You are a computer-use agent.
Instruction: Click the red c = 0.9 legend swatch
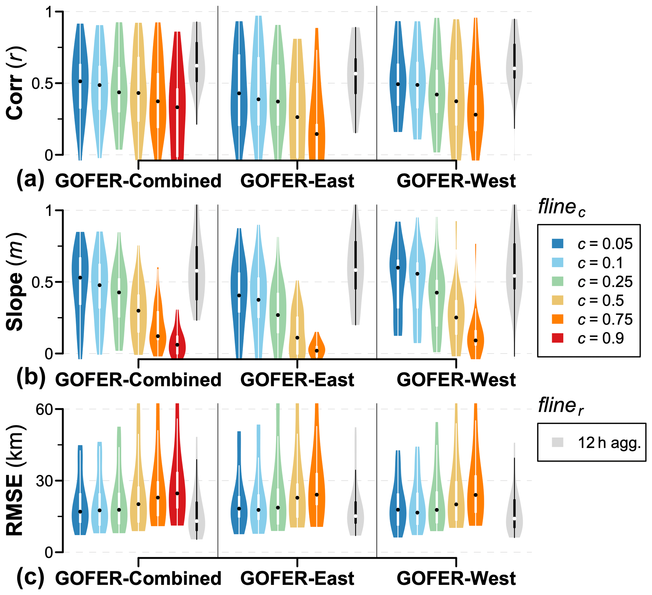click(558, 338)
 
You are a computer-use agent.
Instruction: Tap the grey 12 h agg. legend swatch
click(558, 442)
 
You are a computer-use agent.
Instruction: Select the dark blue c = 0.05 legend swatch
click(558, 243)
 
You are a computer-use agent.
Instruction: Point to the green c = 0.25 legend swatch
click(558, 281)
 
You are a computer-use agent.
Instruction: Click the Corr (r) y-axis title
click(15, 84)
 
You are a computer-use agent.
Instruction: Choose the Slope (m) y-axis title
click(15, 282)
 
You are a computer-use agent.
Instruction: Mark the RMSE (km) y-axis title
click(15, 480)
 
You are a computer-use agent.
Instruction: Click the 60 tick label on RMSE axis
click(44, 409)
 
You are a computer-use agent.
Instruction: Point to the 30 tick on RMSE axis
click(44, 481)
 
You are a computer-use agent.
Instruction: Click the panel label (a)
click(30, 180)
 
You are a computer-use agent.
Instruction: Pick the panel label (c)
click(30, 577)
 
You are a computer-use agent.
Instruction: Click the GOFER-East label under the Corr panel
click(297, 181)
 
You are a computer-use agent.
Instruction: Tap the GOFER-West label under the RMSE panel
click(456, 579)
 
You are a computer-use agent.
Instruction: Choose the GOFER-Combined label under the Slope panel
click(138, 380)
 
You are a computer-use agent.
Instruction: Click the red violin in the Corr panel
click(177, 97)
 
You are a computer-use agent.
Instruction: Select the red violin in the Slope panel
click(177, 343)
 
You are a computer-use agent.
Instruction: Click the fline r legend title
click(560, 406)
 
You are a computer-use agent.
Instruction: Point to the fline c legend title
click(561, 208)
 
